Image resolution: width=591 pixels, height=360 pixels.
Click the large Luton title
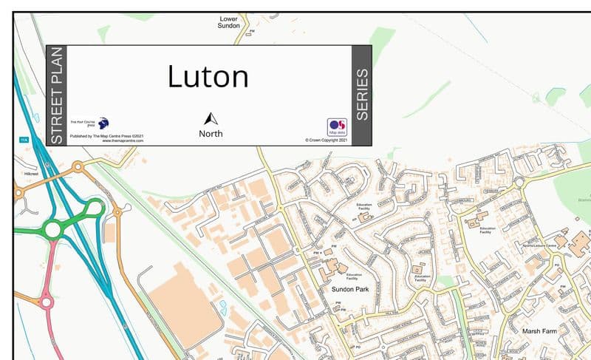tap(208, 77)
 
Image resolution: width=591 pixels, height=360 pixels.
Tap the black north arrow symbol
tap(211, 119)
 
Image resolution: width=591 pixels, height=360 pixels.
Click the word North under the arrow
tap(211, 134)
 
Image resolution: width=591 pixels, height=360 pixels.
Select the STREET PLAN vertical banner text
tap(56, 95)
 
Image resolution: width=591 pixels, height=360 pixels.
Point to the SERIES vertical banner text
tap(361, 95)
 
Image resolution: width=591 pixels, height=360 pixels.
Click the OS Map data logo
tap(337, 127)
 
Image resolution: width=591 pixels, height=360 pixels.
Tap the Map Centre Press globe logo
tap(103, 123)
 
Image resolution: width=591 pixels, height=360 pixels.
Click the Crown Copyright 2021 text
tap(326, 139)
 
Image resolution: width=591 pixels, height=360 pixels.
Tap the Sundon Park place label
tap(349, 289)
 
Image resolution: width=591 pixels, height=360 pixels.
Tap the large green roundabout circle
tap(52, 230)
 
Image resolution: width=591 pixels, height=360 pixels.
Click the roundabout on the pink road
tap(47, 302)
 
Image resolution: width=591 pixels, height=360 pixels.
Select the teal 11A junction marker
tap(22, 139)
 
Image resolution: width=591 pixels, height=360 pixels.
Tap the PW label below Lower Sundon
tap(252, 31)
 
